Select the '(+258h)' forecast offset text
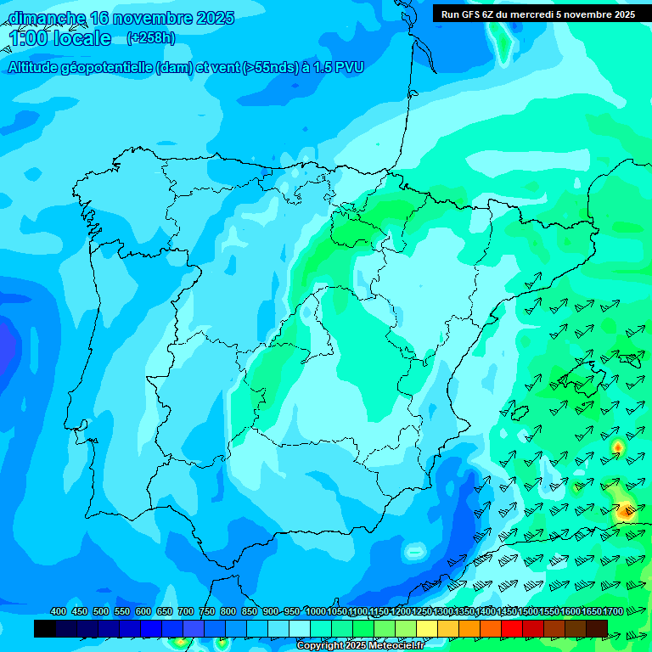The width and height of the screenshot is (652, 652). coord(151,38)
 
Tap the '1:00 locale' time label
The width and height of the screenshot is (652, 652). coord(60,39)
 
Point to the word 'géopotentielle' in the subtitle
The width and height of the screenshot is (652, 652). coord(108,68)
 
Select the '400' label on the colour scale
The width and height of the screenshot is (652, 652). coord(59,611)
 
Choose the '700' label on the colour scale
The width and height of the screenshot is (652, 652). coord(186,611)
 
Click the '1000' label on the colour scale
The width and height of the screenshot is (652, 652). coord(315,611)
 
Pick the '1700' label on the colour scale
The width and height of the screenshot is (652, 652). coord(613,611)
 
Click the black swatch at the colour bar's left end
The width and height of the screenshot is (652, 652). coord(45,628)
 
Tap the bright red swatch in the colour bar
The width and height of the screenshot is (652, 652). coord(512,628)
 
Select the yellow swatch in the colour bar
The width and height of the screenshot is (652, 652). coord(427,628)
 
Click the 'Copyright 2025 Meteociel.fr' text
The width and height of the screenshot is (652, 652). coord(360,646)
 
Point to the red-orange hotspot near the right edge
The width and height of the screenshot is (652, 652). coord(627,510)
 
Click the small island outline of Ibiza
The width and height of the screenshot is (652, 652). coord(517,413)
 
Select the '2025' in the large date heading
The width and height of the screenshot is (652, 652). coord(215,18)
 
